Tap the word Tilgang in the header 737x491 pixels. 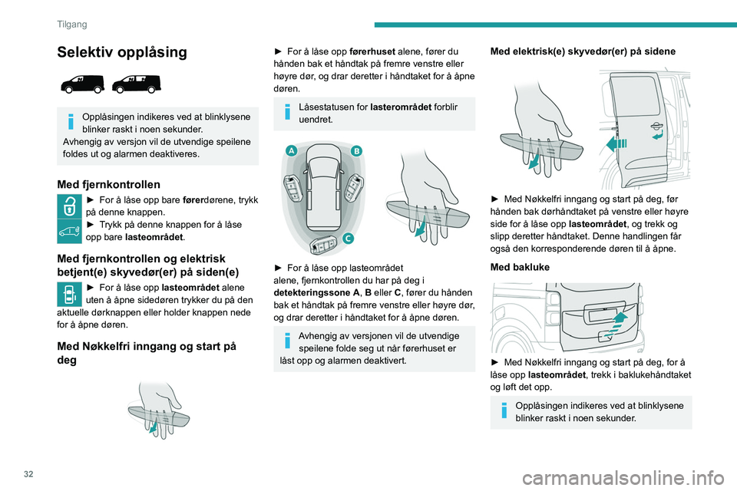[71, 24]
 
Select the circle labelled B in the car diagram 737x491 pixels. [356, 152]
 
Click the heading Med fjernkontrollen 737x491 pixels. [109, 184]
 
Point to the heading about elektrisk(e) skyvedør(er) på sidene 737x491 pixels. [583, 51]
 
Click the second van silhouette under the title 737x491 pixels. [137, 84]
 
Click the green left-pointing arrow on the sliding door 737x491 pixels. [616, 144]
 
